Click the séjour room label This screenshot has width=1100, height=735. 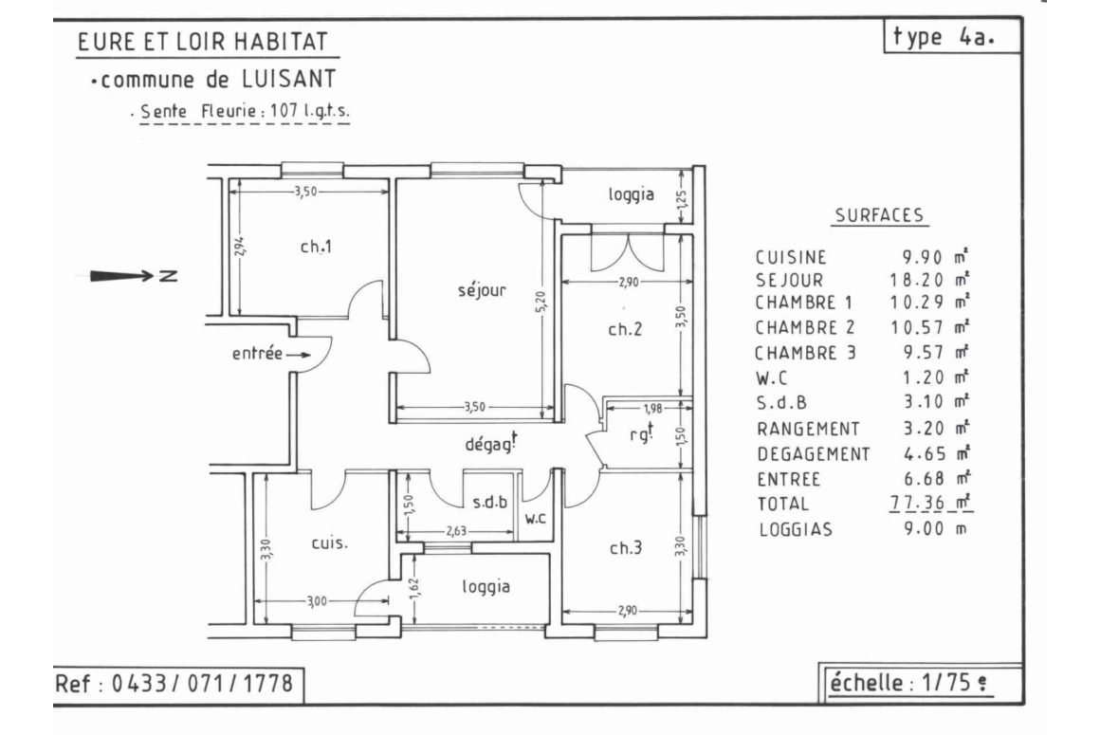[482, 289]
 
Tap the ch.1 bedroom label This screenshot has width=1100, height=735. [316, 247]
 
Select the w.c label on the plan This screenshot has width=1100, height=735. [535, 519]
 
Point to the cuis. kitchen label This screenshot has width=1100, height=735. [329, 542]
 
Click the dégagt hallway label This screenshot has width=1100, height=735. [491, 443]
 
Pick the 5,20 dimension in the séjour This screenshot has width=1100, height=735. [541, 303]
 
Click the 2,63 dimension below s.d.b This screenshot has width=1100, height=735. [456, 531]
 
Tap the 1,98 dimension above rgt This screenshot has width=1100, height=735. [651, 408]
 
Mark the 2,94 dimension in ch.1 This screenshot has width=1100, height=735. [239, 246]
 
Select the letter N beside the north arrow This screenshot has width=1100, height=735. [169, 276]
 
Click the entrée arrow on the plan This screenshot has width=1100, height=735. [298, 355]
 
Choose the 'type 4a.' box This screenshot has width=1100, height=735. [952, 36]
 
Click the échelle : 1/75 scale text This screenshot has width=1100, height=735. [910, 683]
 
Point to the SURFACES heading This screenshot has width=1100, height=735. [880, 215]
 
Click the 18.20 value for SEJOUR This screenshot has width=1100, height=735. [917, 280]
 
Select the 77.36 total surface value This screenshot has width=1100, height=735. [917, 503]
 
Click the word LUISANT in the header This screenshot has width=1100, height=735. [289, 80]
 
